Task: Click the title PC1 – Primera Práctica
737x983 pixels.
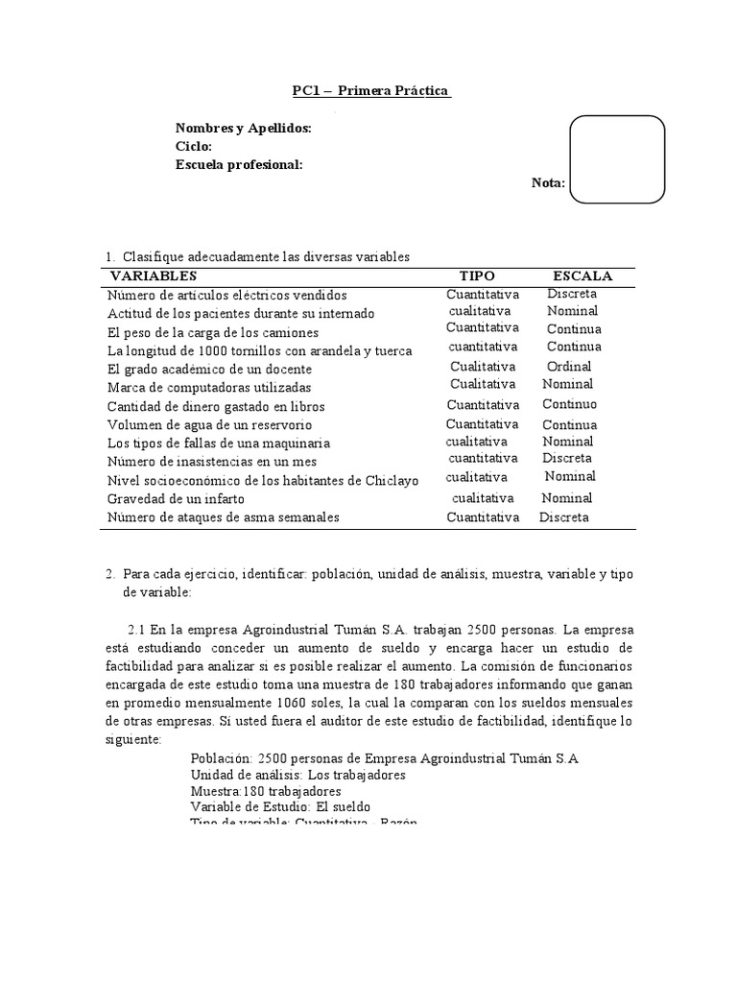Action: tap(370, 91)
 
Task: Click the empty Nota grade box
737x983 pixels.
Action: tap(617, 159)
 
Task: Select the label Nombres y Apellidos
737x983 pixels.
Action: tap(243, 129)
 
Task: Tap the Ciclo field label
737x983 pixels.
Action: tap(193, 146)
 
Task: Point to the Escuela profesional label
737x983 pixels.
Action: tap(239, 164)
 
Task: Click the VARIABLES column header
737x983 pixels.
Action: tap(157, 276)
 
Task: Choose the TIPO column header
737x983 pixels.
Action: tap(477, 276)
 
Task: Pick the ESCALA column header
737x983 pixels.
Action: tap(582, 276)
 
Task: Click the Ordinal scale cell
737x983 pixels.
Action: tap(569, 367)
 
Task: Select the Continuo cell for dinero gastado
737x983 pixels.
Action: tap(569, 404)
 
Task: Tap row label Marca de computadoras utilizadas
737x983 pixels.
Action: tap(209, 388)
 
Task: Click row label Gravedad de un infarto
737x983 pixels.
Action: tap(176, 499)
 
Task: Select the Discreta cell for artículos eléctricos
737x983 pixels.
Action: tap(572, 294)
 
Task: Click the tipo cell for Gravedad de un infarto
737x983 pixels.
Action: tap(483, 498)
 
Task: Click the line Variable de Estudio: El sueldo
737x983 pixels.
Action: tap(280, 807)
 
